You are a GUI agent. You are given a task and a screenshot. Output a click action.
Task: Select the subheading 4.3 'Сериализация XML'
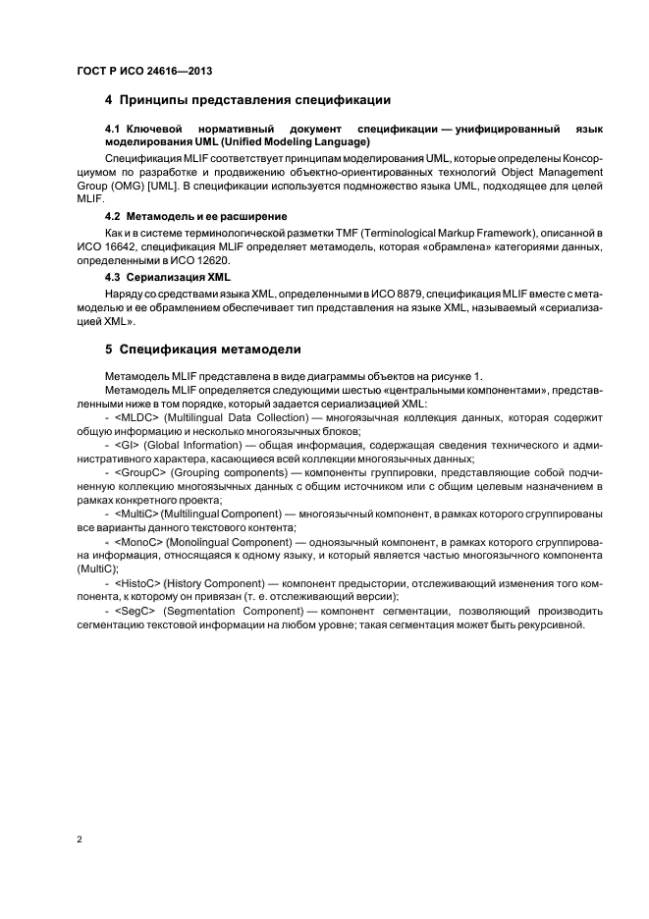click(x=167, y=277)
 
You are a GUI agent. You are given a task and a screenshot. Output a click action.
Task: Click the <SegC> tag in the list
click(x=135, y=611)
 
